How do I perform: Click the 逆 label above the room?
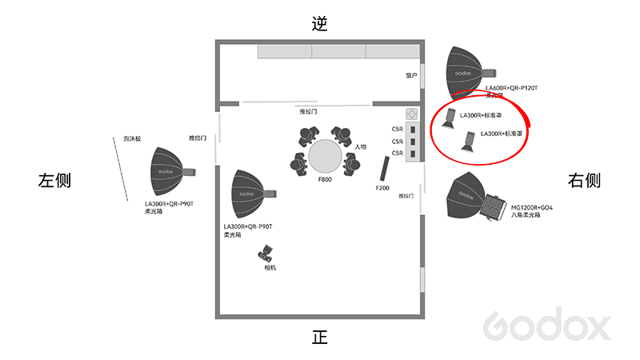click(x=320, y=23)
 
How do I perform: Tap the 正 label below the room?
click(x=320, y=337)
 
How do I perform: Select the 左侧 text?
click(x=55, y=180)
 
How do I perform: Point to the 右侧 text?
click(x=584, y=180)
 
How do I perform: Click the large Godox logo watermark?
click(x=547, y=326)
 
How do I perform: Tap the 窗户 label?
click(x=411, y=75)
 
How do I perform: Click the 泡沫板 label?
click(x=132, y=139)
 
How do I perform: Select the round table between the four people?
click(x=325, y=155)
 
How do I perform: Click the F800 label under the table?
click(x=325, y=180)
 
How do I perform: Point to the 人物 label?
click(x=361, y=147)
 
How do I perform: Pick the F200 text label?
click(x=382, y=187)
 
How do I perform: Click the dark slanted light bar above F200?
click(x=384, y=168)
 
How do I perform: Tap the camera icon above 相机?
click(x=266, y=255)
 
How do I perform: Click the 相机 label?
click(x=270, y=267)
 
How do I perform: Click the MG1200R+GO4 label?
click(x=532, y=207)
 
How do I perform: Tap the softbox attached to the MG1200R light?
click(x=468, y=197)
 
